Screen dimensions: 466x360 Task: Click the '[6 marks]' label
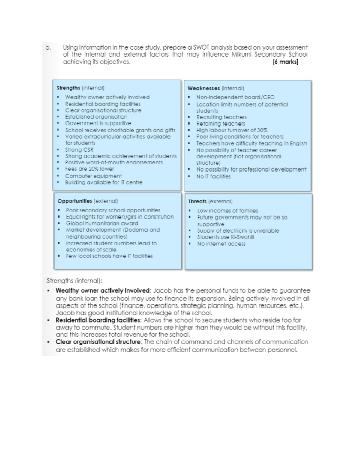click(285, 62)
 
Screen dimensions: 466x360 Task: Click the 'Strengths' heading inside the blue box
click(68, 88)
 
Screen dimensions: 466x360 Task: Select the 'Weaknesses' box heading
click(203, 88)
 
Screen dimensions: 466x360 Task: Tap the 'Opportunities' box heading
click(75, 201)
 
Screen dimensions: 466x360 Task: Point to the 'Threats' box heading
click(197, 201)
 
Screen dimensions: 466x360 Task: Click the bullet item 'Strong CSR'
click(79, 149)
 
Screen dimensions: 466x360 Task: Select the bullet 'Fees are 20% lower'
click(89, 169)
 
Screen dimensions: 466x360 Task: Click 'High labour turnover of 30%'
click(232, 130)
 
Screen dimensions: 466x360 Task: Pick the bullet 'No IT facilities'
click(213, 176)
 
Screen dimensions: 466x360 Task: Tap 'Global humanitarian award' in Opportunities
click(102, 224)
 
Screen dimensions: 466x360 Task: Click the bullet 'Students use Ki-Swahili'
click(226, 237)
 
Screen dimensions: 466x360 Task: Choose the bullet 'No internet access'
click(221, 244)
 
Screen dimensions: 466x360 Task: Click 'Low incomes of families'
click(227, 211)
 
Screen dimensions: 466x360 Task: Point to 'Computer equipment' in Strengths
click(93, 176)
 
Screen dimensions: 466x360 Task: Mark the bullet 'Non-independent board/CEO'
click(235, 97)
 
